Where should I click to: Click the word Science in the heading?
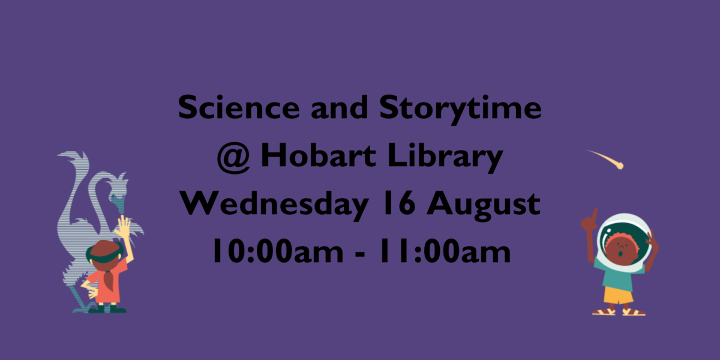click(239, 107)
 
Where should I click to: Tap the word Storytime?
click(460, 109)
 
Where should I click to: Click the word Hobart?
click(318, 155)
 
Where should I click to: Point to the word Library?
click(445, 157)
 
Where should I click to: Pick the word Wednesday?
click(274, 205)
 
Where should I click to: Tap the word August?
click(484, 206)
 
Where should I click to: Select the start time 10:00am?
click(278, 251)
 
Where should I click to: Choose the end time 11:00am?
click(445, 251)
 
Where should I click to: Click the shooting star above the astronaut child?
click(605, 159)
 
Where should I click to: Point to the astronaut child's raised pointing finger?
click(595, 214)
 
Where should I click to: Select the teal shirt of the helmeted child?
click(618, 275)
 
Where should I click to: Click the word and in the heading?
click(340, 107)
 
